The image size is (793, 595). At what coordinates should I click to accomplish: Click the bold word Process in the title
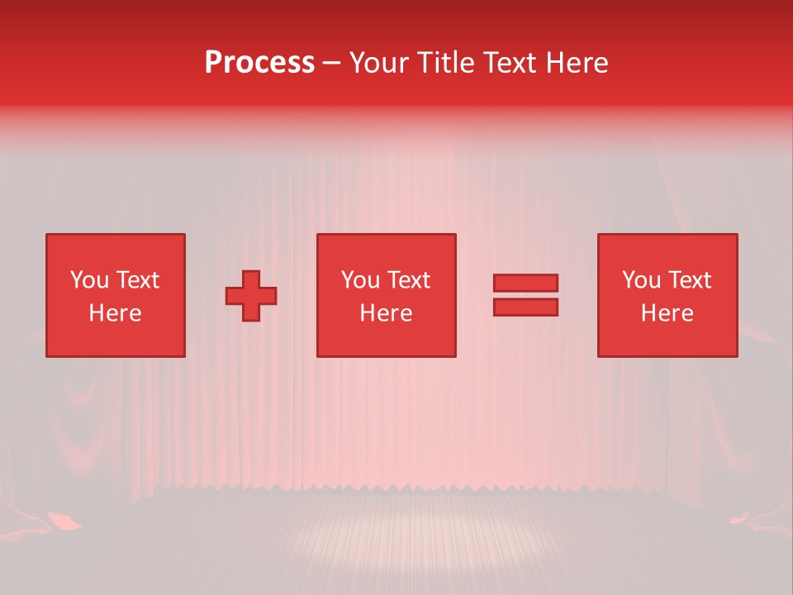click(x=259, y=63)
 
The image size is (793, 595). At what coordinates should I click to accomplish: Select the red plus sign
click(x=251, y=296)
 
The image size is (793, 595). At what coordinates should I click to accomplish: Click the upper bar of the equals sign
click(x=525, y=283)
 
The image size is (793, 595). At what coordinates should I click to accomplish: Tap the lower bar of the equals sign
click(x=525, y=307)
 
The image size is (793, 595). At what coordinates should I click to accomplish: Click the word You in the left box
click(x=89, y=280)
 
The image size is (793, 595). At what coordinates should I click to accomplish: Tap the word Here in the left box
click(x=115, y=313)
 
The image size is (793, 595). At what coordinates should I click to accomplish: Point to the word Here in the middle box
click(x=386, y=313)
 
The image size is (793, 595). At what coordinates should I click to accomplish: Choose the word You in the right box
click(x=641, y=280)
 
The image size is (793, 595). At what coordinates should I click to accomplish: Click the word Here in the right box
click(x=667, y=313)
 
